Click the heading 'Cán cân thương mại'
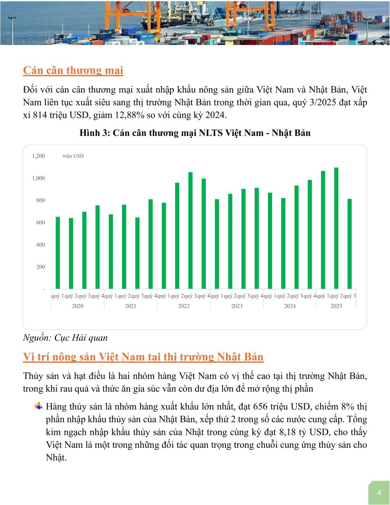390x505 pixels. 73,70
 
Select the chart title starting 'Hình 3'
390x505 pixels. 195,133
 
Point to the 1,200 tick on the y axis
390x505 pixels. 38,156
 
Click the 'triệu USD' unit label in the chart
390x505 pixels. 76,156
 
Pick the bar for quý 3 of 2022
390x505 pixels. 191,230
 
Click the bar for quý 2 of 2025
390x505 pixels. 336,228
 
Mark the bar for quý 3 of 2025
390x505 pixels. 349,244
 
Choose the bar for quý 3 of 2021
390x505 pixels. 138,253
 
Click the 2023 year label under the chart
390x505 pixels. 237,306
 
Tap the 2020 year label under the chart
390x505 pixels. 78,306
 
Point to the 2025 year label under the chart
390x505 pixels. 336,306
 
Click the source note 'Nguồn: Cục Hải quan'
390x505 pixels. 65,338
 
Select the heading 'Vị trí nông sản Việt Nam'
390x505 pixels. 143,357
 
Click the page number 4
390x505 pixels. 379,493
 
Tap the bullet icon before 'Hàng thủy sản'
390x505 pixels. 39,406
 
